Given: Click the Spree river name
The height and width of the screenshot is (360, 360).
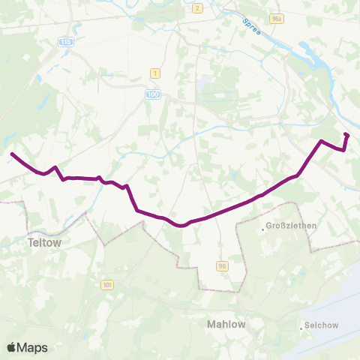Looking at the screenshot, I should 250,30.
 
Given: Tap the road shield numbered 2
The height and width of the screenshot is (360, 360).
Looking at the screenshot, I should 196,8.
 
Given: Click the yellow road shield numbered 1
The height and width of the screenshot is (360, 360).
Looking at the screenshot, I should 155,73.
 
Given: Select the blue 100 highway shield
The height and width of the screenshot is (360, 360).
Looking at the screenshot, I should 152,94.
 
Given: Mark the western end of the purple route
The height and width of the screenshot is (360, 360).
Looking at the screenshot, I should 11,154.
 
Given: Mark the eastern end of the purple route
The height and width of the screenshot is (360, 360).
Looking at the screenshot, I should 346,134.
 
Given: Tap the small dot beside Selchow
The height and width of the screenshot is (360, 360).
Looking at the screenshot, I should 299,327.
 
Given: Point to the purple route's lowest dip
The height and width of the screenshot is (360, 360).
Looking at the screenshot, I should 180,224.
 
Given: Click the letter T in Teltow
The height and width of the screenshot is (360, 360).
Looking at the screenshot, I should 30,243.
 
